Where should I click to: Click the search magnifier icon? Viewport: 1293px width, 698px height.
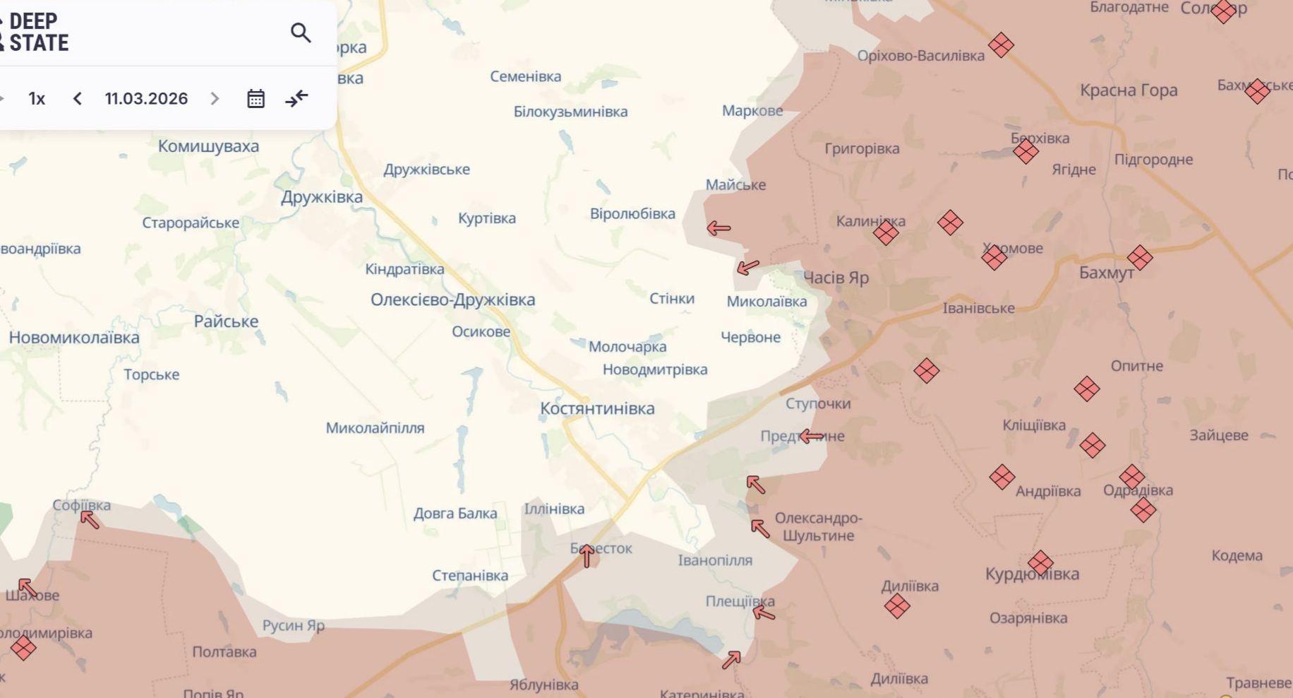(x=301, y=32)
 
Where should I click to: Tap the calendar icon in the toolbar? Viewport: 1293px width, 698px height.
(x=255, y=98)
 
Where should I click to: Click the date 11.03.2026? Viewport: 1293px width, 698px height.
(x=146, y=98)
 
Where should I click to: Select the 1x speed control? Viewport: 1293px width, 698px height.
(x=37, y=98)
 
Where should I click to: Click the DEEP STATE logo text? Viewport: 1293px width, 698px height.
(x=38, y=32)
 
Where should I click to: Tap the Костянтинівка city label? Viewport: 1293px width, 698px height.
(x=597, y=408)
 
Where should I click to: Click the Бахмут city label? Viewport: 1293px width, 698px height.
(x=1106, y=273)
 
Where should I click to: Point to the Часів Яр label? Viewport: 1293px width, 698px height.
(x=836, y=278)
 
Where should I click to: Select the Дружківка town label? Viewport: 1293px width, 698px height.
(x=322, y=197)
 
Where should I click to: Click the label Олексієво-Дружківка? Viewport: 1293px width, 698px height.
(x=452, y=300)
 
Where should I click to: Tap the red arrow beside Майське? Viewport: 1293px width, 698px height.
(x=718, y=228)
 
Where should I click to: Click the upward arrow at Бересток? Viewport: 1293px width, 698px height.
(x=587, y=556)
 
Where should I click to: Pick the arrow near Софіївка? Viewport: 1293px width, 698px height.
(x=90, y=520)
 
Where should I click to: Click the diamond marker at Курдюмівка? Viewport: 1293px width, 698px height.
(x=1040, y=564)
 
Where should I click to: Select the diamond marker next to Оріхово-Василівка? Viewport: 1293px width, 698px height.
(x=1001, y=45)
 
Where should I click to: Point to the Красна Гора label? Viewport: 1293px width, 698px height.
(x=1128, y=90)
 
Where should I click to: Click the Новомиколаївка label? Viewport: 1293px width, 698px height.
(x=74, y=338)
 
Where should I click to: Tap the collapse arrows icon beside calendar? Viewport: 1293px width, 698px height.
(x=297, y=98)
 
